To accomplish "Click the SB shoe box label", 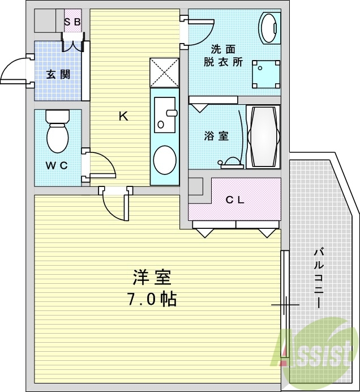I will tap(72, 22).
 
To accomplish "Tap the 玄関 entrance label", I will tap(58, 74).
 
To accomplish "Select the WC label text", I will tap(57, 165).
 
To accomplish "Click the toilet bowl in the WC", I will tap(57, 135).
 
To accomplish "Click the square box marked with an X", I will tap(165, 73).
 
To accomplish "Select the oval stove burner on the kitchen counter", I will tap(165, 160).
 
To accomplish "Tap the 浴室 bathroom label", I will tap(216, 136).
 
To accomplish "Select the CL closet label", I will tap(235, 199).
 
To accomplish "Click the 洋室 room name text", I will tap(151, 278).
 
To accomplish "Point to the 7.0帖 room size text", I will tap(151, 299).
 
